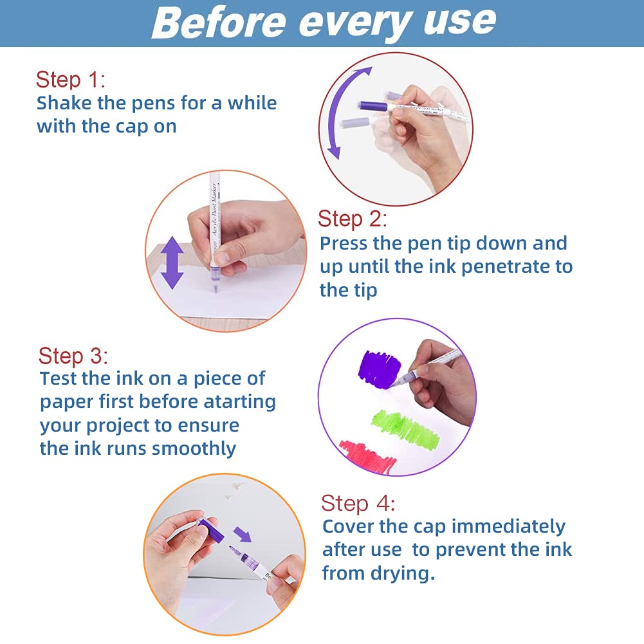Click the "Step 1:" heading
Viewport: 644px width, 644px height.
tap(71, 79)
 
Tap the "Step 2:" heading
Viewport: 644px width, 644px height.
tap(353, 219)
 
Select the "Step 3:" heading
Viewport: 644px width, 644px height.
tap(73, 356)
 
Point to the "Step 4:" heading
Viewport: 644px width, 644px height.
tap(358, 503)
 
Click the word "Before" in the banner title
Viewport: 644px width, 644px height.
tap(219, 22)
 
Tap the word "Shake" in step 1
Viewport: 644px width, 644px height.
tap(64, 103)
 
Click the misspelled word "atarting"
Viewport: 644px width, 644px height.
tap(239, 401)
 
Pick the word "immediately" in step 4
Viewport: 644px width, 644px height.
tap(508, 526)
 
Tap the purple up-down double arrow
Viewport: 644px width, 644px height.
tap(172, 262)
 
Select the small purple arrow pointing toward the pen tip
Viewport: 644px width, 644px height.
tap(243, 534)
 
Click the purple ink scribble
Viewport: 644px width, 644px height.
tap(379, 369)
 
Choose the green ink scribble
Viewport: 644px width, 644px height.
tap(405, 429)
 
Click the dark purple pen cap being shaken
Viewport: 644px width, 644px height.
tap(372, 106)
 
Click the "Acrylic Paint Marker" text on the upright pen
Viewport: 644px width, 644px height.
tap(214, 210)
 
